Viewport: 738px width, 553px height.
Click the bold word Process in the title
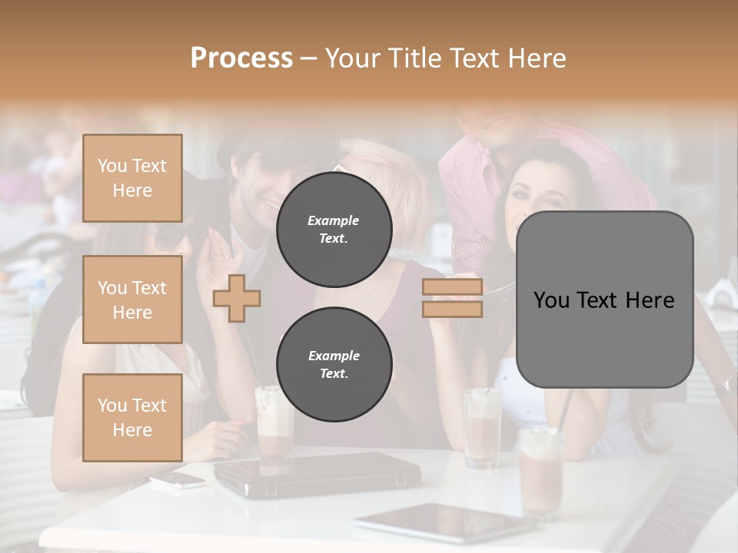point(241,58)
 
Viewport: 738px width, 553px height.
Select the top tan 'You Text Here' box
point(132,178)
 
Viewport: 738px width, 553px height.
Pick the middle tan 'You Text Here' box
point(132,300)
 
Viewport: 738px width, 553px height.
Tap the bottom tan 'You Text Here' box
point(132,418)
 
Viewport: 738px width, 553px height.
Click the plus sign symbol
point(237,298)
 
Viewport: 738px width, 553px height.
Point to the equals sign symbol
point(452,298)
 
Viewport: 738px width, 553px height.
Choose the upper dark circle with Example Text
point(334,230)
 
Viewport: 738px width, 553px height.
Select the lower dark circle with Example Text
point(334,365)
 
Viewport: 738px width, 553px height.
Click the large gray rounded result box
point(604,300)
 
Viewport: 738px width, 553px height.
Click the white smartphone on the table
point(178,480)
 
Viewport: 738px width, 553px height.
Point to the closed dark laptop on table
point(317,474)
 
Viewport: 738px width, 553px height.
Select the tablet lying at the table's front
point(444,522)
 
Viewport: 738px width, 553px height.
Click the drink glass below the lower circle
point(274,426)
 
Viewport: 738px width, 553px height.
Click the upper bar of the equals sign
point(452,287)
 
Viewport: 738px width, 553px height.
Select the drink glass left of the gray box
point(482,426)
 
